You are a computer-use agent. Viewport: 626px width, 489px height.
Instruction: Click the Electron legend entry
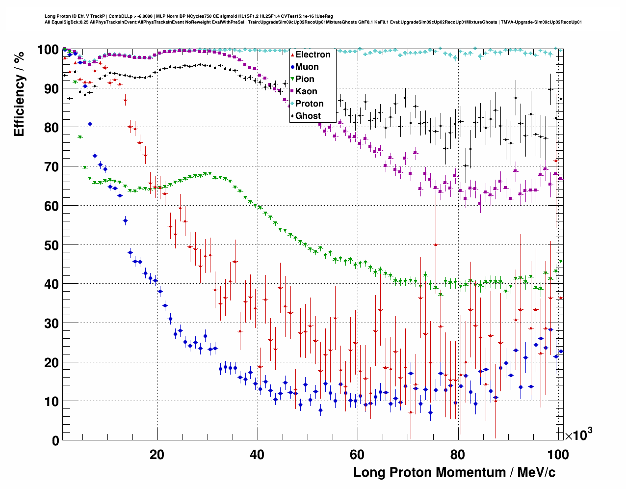click(x=313, y=54)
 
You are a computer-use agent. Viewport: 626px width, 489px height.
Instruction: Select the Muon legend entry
click(x=307, y=67)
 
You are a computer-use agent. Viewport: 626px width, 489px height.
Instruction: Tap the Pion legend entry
click(x=305, y=79)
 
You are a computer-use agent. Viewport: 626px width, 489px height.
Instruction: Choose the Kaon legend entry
click(x=306, y=91)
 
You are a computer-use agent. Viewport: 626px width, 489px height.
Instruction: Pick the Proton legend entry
click(x=309, y=104)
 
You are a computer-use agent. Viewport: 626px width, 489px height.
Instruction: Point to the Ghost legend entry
click(x=308, y=116)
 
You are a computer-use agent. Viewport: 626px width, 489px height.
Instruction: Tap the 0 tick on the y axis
click(x=55, y=441)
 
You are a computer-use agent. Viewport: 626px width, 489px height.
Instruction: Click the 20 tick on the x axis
click(x=157, y=454)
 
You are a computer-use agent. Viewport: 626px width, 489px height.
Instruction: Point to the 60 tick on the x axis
click(x=357, y=454)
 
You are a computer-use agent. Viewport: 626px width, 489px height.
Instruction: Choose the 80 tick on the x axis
click(x=457, y=454)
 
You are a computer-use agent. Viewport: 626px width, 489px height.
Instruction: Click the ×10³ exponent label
click(x=578, y=435)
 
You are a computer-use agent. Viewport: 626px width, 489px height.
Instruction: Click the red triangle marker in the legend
click(x=292, y=54)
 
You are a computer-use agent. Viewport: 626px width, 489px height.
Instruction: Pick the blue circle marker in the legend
click(x=292, y=67)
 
